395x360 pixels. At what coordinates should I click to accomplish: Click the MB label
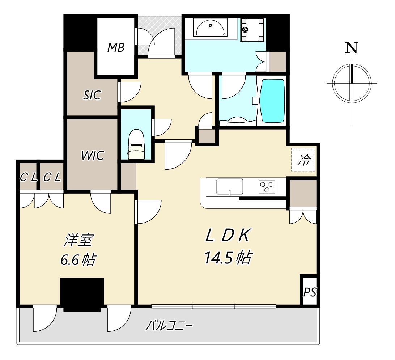click(116, 47)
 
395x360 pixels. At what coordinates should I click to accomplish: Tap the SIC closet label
click(92, 95)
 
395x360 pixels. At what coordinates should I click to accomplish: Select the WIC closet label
click(93, 156)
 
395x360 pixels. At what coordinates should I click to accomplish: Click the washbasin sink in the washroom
click(210, 28)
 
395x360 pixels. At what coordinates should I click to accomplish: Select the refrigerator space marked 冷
click(303, 160)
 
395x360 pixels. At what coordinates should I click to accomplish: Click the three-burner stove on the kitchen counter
click(267, 186)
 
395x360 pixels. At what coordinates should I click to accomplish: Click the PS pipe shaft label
click(310, 292)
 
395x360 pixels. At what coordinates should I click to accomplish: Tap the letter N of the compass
click(352, 47)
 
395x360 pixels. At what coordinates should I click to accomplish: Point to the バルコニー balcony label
click(169, 326)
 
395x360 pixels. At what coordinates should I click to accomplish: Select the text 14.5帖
click(228, 258)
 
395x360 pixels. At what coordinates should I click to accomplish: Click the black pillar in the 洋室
click(82, 294)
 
